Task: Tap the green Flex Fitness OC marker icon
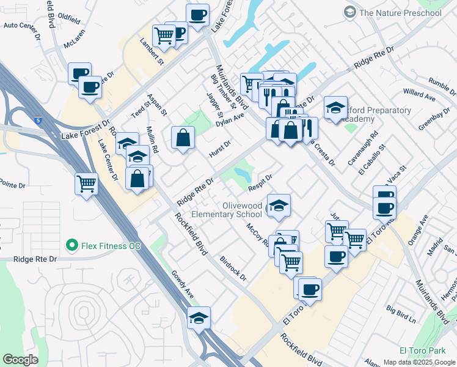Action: [71, 246]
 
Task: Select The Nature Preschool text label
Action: [400, 12]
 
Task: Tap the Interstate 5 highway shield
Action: [38, 120]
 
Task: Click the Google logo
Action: [20, 359]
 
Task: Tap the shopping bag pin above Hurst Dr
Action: [183, 138]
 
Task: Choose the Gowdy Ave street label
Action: [182, 285]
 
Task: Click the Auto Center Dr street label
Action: [21, 26]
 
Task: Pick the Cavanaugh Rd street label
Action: [373, 145]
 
